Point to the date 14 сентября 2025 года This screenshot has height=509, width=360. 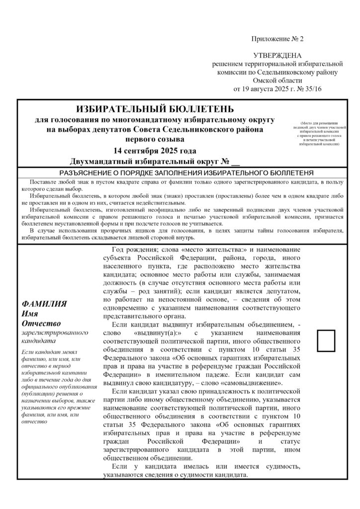coord(155,151)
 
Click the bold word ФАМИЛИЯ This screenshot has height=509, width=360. coord(45,304)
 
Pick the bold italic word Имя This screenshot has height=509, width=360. coord(31,313)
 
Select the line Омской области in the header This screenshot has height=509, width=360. coord(277,81)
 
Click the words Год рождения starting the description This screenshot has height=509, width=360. coord(130,250)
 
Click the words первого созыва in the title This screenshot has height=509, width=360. coord(155,140)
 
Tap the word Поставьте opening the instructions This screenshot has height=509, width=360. coord(43,183)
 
